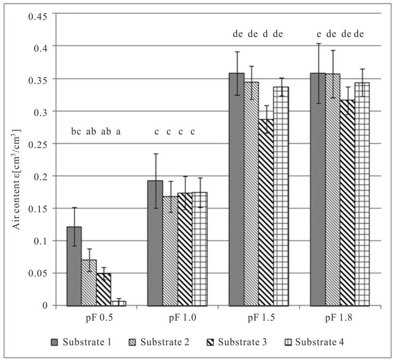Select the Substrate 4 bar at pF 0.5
pyautogui.click(x=118, y=303)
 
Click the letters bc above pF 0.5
pyautogui.click(x=76, y=132)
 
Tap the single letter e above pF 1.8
pyautogui.click(x=319, y=34)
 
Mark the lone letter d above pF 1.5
pyautogui.click(x=265, y=34)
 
